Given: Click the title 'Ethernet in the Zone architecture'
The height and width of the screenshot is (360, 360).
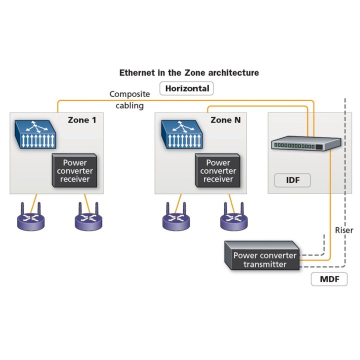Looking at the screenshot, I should (189, 72).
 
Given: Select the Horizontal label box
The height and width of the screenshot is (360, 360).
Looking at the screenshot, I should (186, 89).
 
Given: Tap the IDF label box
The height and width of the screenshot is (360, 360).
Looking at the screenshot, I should (293, 179).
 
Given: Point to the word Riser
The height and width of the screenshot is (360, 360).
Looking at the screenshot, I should (344, 230).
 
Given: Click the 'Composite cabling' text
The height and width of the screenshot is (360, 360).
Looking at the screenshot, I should (129, 99).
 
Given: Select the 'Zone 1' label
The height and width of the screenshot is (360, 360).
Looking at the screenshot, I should (82, 120).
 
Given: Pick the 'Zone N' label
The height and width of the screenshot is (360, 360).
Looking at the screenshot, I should (228, 120).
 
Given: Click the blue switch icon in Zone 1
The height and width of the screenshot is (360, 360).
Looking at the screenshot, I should (34, 134).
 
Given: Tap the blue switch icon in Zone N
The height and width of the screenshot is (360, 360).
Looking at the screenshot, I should (180, 134).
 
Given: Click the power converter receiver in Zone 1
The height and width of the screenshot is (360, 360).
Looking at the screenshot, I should (74, 170).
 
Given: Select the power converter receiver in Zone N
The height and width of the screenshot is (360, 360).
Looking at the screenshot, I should (218, 170).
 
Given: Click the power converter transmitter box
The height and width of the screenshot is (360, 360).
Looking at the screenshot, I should (261, 256).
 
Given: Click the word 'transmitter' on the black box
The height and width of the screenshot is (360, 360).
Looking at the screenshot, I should (265, 264).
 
